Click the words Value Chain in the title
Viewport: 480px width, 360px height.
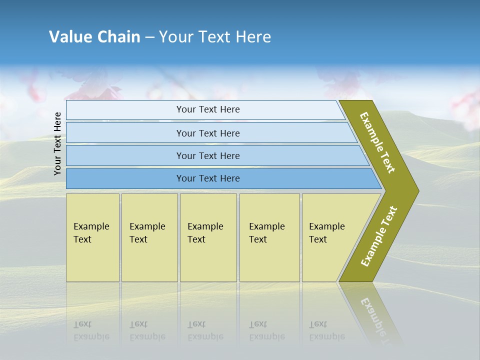tap(94, 37)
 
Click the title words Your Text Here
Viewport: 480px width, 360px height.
tap(215, 37)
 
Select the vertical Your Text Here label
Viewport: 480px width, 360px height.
tap(58, 143)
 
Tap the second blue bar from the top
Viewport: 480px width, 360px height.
tap(207, 133)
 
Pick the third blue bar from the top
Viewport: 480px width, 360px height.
tap(207, 155)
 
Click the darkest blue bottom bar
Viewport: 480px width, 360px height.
tap(207, 178)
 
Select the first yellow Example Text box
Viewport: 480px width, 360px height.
tap(92, 237)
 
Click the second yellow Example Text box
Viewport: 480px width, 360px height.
tap(149, 237)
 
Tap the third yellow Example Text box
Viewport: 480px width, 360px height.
tap(207, 237)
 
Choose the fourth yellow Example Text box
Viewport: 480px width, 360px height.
tap(269, 237)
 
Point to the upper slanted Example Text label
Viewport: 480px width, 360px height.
tap(378, 142)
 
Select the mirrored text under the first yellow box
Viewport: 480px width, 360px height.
tap(91, 330)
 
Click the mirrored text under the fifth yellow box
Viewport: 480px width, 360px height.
tap(326, 330)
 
